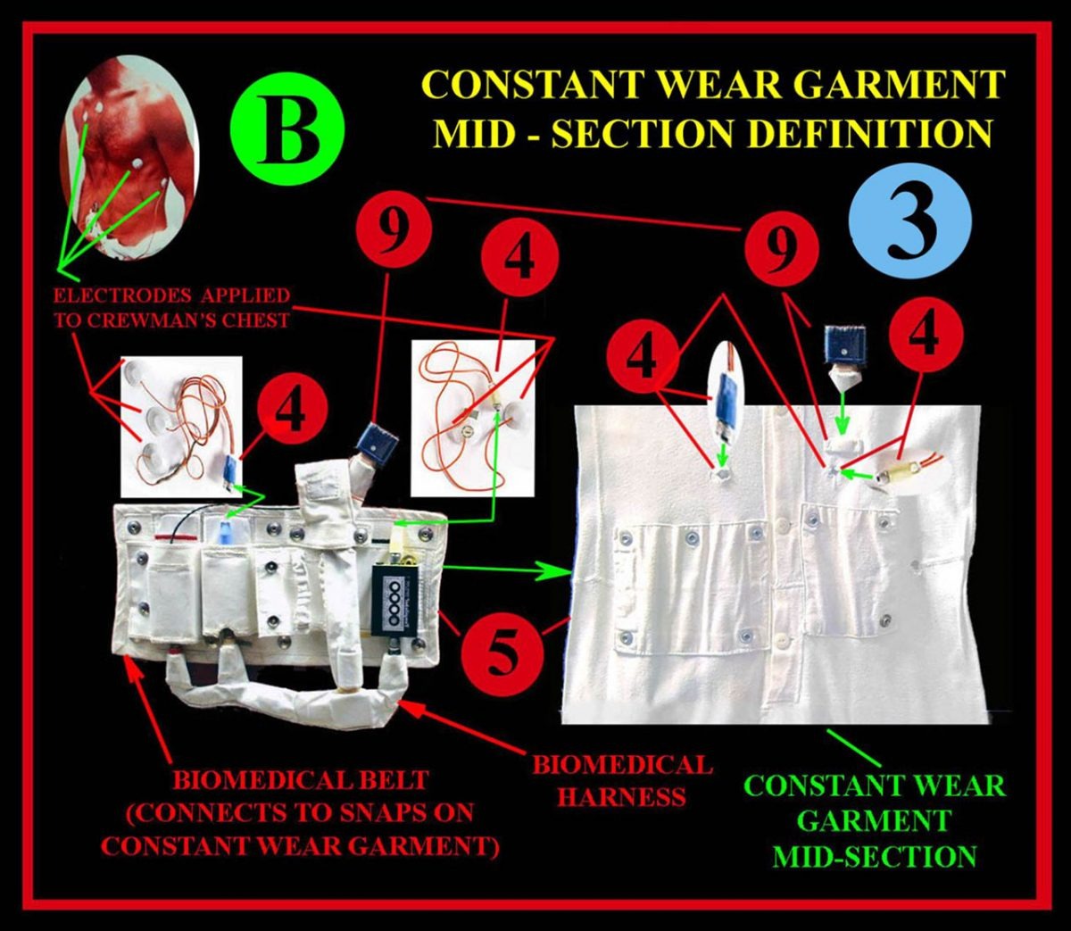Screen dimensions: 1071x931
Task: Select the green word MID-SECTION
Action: pos(874,856)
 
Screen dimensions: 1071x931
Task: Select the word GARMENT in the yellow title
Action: pos(880,85)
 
